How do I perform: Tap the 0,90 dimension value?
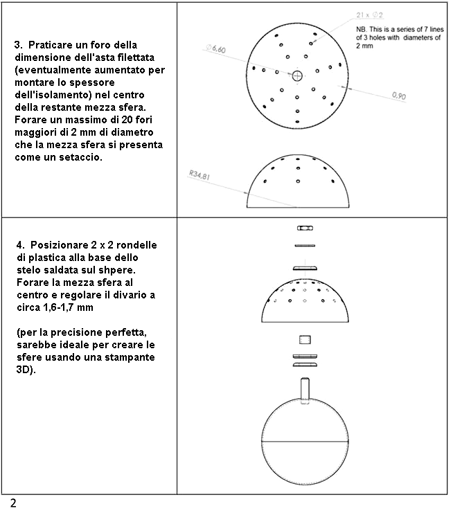(399, 96)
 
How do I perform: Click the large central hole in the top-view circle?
(298, 75)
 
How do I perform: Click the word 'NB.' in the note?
(362, 29)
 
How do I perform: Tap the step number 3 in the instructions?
(17, 45)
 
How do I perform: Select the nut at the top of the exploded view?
(304, 228)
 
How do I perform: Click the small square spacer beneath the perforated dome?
(304, 340)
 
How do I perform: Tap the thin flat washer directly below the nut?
(304, 245)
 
